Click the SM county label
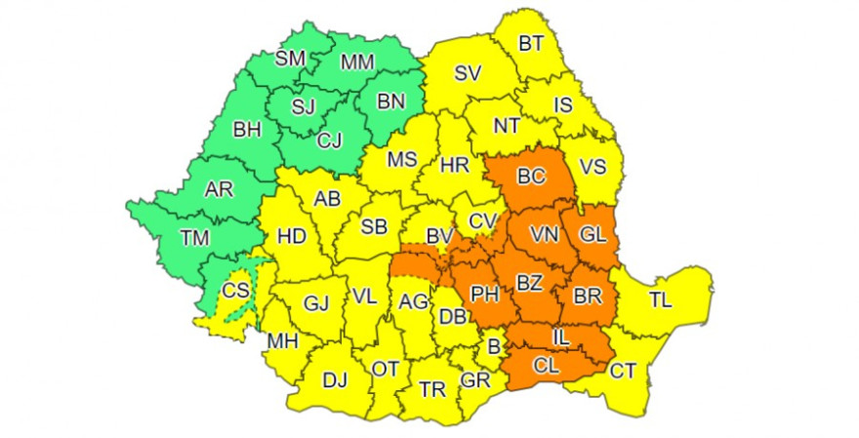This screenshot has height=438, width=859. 290,59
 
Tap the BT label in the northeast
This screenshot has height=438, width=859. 531,43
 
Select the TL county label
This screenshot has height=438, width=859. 661,300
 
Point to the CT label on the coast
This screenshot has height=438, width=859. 622,370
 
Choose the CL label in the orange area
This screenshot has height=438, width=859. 547,368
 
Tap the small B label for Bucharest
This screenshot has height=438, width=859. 494,346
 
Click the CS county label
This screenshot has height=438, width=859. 235,291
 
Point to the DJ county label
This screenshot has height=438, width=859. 335,379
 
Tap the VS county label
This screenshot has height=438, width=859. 593,167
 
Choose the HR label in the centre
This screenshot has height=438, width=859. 454,166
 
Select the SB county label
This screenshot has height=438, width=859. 374,226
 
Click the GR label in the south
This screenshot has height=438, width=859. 475,379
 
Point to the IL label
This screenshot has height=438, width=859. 559,337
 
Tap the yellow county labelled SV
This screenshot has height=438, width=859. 469,73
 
